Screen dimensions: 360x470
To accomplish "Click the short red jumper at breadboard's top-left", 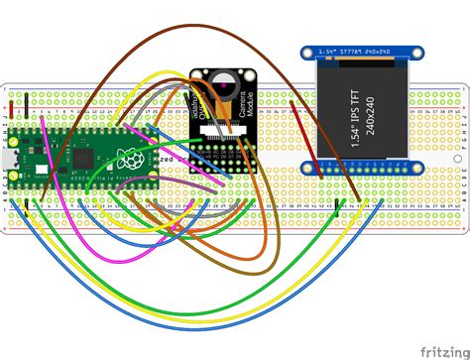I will [11, 104].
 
